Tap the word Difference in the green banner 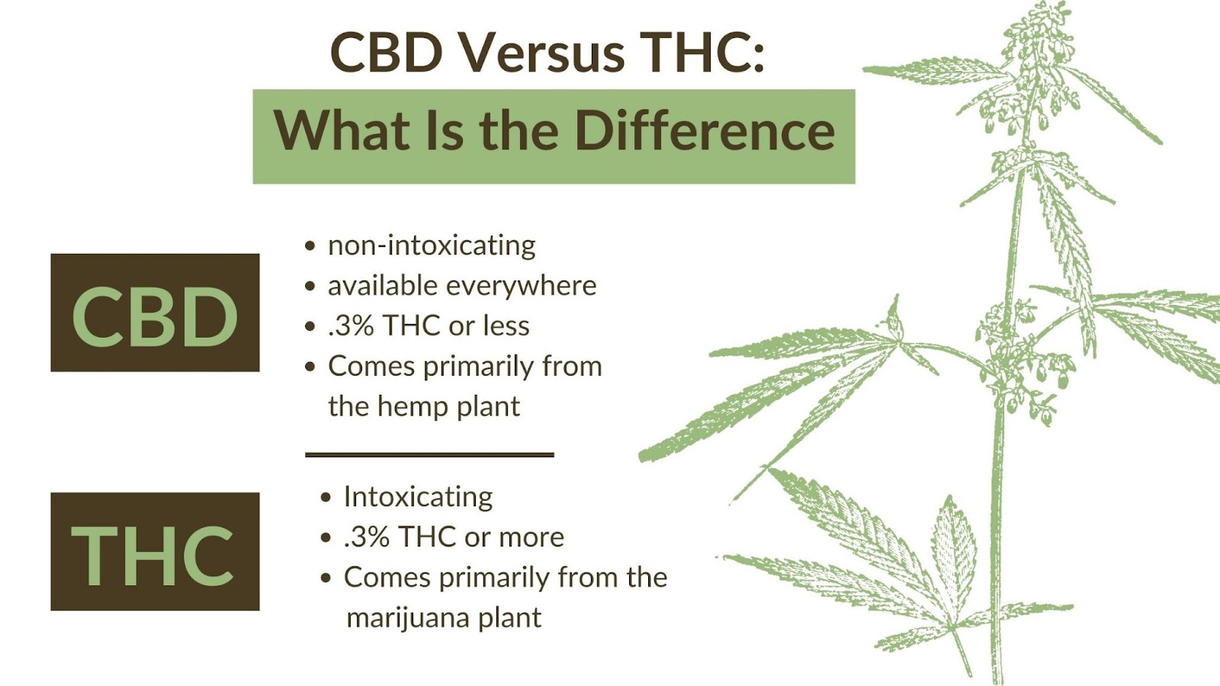(x=705, y=130)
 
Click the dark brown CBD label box (x=156, y=313)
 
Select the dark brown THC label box (x=156, y=552)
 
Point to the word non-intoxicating (x=432, y=245)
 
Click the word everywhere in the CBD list (x=522, y=285)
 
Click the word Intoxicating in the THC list (x=419, y=497)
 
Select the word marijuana (x=408, y=618)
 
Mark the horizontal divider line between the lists (x=430, y=454)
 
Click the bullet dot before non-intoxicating (x=310, y=245)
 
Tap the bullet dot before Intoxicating (x=326, y=497)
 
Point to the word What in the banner (x=342, y=130)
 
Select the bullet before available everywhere (x=310, y=286)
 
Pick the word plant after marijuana (x=510, y=618)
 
